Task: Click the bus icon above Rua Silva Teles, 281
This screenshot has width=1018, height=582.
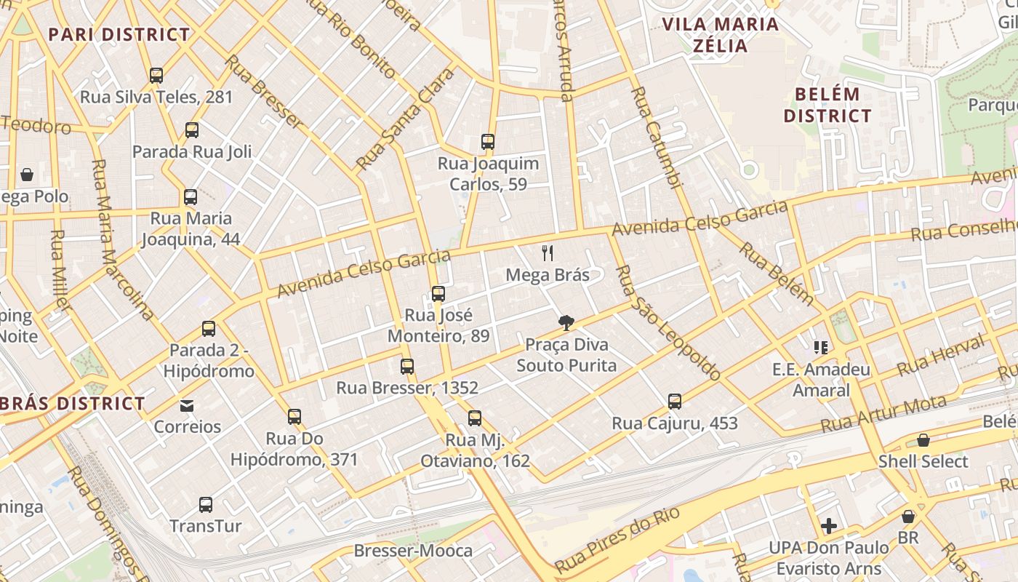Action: [156, 75]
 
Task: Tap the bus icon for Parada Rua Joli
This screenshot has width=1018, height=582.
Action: [192, 130]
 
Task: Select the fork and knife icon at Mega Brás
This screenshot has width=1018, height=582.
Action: [548, 253]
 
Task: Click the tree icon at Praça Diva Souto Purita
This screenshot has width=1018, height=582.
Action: [566, 323]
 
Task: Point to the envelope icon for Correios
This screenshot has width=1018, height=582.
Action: [187, 405]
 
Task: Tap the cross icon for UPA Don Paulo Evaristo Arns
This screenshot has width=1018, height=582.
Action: [829, 526]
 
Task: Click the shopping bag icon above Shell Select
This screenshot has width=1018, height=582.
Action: [923, 440]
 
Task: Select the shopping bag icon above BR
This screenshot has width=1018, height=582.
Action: [908, 517]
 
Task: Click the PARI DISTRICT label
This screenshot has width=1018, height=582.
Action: [119, 34]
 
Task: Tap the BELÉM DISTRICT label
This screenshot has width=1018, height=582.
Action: [827, 105]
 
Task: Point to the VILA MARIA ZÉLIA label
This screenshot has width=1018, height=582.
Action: [720, 35]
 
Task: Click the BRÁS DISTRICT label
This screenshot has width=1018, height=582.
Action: [73, 403]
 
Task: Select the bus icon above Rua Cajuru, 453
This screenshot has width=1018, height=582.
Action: [675, 402]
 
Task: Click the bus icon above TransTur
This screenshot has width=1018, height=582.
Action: [206, 504]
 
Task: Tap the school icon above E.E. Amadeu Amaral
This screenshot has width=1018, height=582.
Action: [821, 348]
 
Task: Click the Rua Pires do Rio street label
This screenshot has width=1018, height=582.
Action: [617, 539]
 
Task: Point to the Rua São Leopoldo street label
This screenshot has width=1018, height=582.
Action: [668, 323]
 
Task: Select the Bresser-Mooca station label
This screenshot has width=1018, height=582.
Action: [413, 551]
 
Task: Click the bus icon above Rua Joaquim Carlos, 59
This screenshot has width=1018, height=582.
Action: [488, 142]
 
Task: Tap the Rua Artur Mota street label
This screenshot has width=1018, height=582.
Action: [883, 413]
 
